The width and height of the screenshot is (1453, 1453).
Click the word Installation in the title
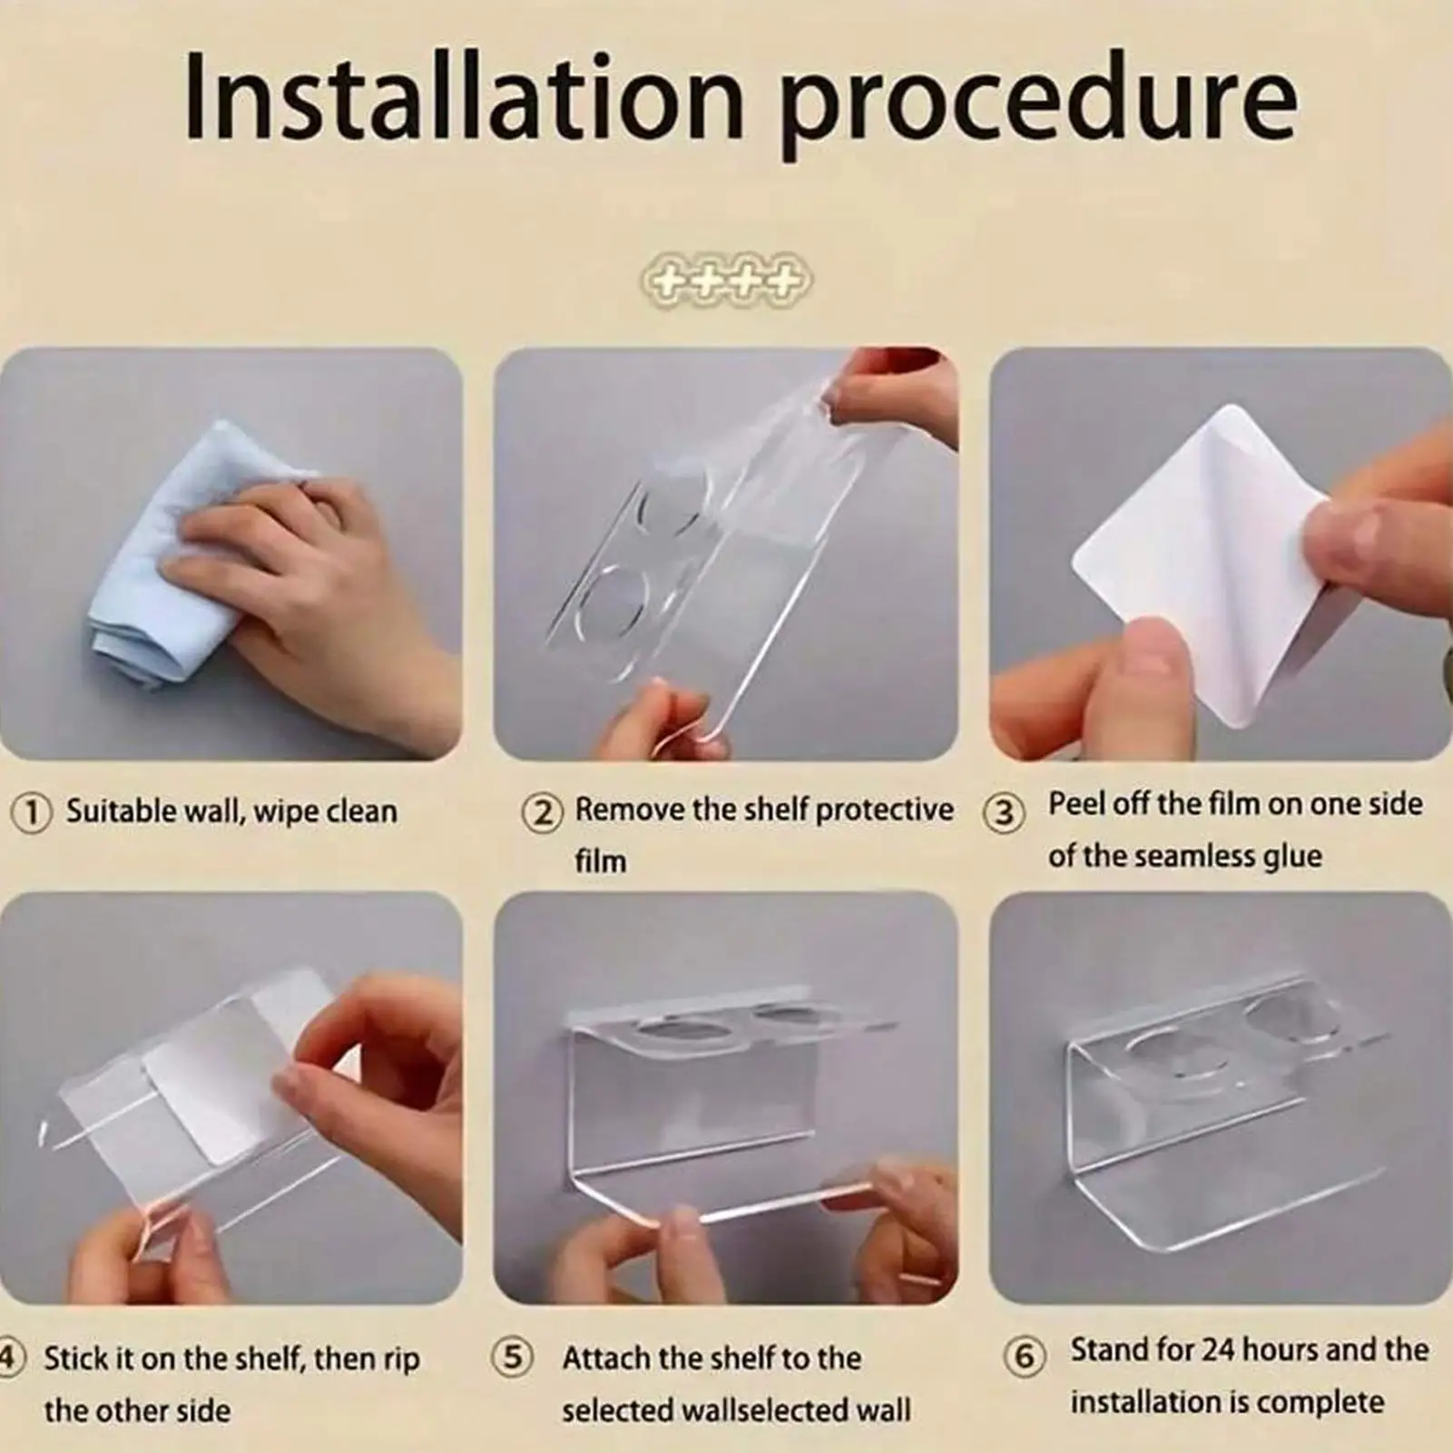tap(463, 99)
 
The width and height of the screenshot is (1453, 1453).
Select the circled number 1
tap(31, 811)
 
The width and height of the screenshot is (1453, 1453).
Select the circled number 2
tap(541, 811)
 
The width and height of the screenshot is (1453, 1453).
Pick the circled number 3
tap(1003, 813)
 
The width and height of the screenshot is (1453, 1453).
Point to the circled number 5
tap(512, 1358)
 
